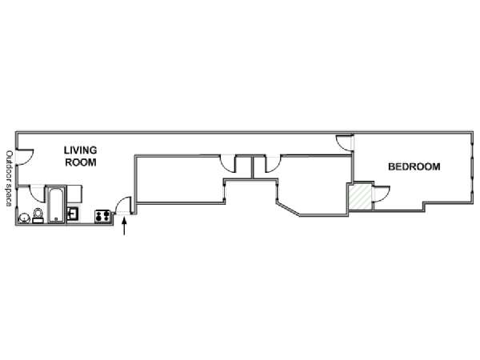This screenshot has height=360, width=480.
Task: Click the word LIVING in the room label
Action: [x=80, y=150]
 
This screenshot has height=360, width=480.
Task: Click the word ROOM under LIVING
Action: [x=81, y=162]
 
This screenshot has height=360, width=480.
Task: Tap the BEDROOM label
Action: [x=414, y=167]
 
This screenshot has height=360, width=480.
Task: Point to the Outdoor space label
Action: [x=9, y=178]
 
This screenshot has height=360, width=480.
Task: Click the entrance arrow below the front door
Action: [x=124, y=226]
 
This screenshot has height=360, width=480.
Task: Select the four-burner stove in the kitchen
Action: [x=102, y=217]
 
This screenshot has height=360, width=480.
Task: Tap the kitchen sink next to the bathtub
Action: [x=73, y=214]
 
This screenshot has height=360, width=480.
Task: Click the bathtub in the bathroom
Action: [x=56, y=205]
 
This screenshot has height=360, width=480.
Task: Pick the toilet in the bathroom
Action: [x=38, y=215]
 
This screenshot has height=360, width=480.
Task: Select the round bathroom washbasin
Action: [x=23, y=218]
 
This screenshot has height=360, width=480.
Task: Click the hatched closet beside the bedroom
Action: [x=361, y=197]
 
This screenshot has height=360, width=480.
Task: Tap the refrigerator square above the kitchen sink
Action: [x=74, y=194]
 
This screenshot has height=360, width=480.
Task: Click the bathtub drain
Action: [x=56, y=219]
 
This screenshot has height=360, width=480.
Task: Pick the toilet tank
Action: [x=38, y=221]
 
